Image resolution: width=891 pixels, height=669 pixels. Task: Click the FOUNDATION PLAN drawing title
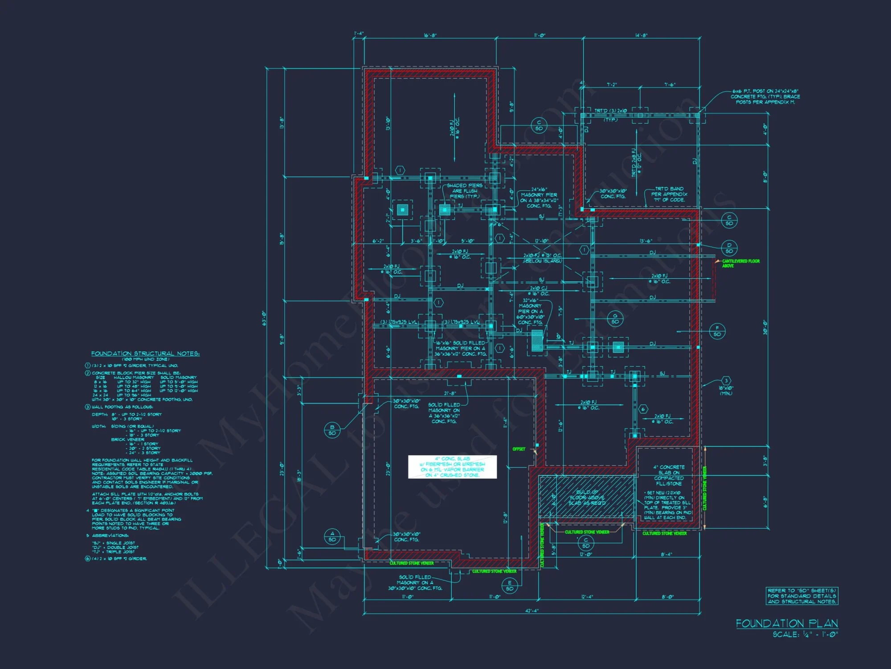pos(787,623)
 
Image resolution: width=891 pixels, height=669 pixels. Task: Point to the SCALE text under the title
pos(805,634)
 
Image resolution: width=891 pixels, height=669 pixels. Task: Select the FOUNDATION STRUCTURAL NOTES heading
pos(145,354)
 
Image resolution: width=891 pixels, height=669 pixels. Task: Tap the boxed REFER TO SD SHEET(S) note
pos(802,596)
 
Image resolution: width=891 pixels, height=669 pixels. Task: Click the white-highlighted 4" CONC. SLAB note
pos(452,467)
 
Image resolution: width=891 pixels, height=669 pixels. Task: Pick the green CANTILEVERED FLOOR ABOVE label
pos(740,263)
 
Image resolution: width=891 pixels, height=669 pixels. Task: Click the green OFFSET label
pos(519,449)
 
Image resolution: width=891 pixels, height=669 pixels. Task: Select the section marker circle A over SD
pos(332,537)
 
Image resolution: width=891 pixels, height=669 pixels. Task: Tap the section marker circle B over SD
pos(332,430)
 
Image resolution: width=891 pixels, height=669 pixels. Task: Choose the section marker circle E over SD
pos(510,586)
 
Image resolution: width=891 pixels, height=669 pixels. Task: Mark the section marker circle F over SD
pos(717,331)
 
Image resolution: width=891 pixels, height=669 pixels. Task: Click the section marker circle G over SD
pos(615,319)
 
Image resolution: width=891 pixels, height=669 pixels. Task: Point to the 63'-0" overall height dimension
pos(264,318)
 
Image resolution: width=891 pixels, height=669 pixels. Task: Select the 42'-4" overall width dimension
pos(531,611)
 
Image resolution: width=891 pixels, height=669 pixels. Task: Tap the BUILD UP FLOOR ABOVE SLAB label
pos(587,497)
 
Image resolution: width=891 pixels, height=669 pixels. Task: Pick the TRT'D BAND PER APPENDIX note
pos(669,194)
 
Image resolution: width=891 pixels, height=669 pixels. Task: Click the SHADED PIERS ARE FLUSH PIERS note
pos(464,191)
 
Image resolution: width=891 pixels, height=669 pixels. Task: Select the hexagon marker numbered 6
pos(642,409)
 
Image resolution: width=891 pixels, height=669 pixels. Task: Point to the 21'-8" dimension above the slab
pos(450,393)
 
